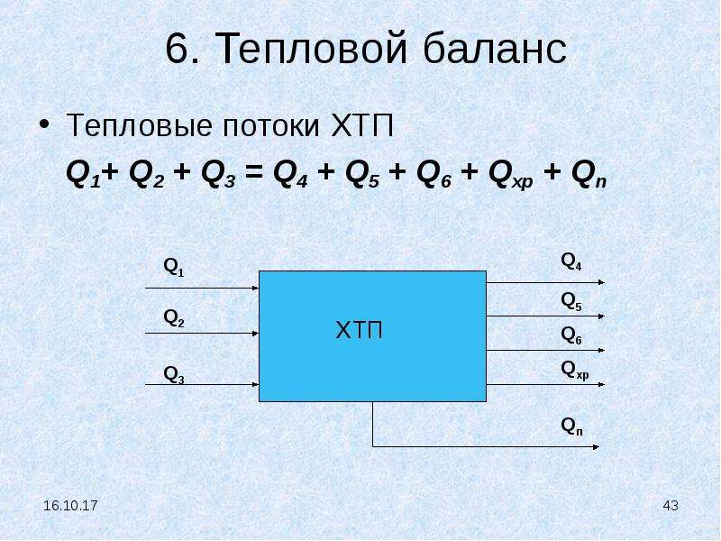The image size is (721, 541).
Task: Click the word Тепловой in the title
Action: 311,49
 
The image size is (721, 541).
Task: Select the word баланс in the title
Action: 495,48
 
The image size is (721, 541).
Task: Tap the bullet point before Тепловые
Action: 44,124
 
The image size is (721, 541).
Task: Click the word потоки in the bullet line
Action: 271,125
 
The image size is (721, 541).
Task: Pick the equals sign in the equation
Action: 254,173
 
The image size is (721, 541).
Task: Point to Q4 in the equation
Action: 290,175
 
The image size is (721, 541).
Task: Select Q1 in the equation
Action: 83,175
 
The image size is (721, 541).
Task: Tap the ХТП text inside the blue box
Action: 359,330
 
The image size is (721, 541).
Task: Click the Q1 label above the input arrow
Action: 174,267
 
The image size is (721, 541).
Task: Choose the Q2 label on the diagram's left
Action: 174,318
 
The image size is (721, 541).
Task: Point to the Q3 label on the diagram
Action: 174,374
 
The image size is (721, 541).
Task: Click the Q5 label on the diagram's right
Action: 571,302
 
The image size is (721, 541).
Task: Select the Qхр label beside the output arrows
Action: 575,370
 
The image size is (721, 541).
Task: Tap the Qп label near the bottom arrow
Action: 572,426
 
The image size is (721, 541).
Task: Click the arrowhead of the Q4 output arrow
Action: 601,282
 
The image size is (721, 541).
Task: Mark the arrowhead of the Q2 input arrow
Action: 256,333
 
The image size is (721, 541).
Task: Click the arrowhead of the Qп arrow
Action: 596,446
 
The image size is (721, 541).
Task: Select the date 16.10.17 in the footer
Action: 70,506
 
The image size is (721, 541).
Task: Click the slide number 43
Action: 671,506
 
